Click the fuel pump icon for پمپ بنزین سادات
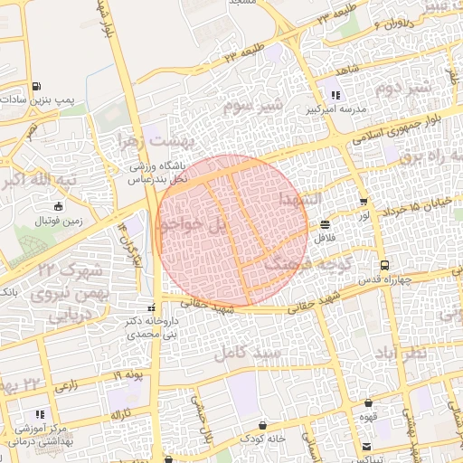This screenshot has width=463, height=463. (x=36, y=87)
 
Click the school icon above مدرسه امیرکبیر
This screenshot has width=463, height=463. (x=335, y=95)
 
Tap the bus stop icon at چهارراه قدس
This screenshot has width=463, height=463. (x=385, y=266)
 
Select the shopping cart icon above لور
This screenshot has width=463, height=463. (x=364, y=203)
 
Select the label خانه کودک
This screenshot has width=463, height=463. (x=262, y=438)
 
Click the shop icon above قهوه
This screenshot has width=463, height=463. (x=368, y=403)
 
